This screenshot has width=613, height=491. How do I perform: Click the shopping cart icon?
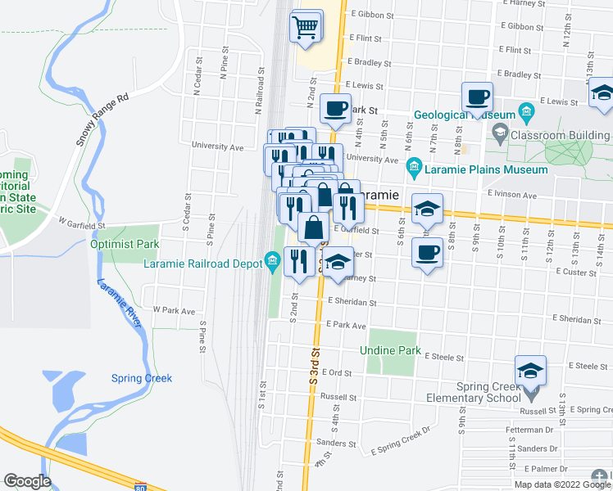305,27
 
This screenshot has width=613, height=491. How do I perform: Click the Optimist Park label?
125,244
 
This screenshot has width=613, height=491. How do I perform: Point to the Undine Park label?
390,351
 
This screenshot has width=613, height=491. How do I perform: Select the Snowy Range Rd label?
103,119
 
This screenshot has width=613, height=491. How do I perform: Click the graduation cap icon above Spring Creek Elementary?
530,371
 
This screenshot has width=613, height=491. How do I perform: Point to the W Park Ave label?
175,311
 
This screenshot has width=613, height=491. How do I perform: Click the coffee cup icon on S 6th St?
427,253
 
